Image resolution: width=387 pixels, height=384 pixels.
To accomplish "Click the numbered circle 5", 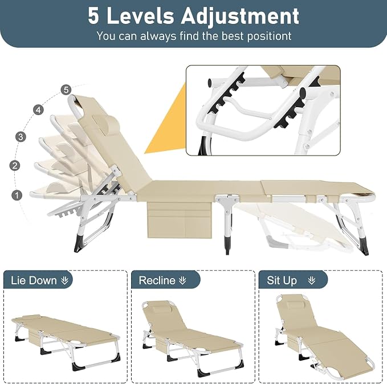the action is tap(66, 89).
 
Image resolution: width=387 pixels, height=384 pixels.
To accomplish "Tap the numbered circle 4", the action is tap(38, 109).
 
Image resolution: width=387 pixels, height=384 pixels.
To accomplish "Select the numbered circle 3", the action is tap(21, 137).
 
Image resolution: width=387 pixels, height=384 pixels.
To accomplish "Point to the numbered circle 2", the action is tap(15, 165).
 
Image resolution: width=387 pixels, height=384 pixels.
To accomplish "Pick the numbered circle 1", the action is tap(17, 195).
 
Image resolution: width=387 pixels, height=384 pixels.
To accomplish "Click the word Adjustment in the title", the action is tap(240, 17).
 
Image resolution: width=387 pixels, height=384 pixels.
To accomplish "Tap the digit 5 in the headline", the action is tap(93, 16).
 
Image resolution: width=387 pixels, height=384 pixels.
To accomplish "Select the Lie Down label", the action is tap(34, 280).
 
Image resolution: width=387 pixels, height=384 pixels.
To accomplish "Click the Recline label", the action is tap(157, 280).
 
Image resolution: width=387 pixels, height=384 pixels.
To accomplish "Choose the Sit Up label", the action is tap(282, 281).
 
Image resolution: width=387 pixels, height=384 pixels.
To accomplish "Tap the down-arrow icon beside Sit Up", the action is tap(312, 280).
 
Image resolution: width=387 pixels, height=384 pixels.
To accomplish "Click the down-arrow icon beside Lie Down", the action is tap(64, 280).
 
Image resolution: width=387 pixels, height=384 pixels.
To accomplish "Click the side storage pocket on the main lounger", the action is tap(180, 220).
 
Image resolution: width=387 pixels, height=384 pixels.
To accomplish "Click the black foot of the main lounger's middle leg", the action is tap(227, 245).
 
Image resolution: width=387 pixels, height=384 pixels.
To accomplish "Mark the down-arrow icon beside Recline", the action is tap(182, 280).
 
